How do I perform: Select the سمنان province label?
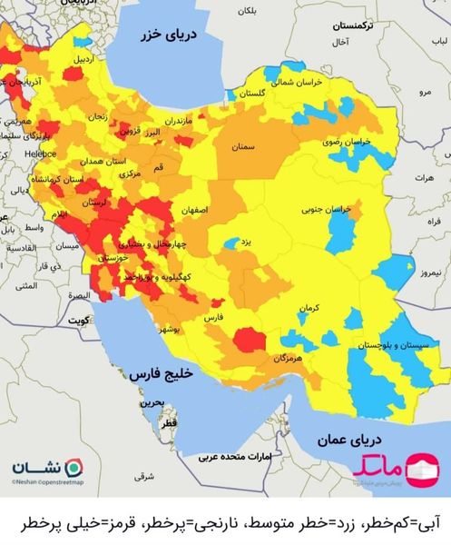click(x=240, y=146)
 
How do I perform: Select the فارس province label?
click(x=212, y=320)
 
